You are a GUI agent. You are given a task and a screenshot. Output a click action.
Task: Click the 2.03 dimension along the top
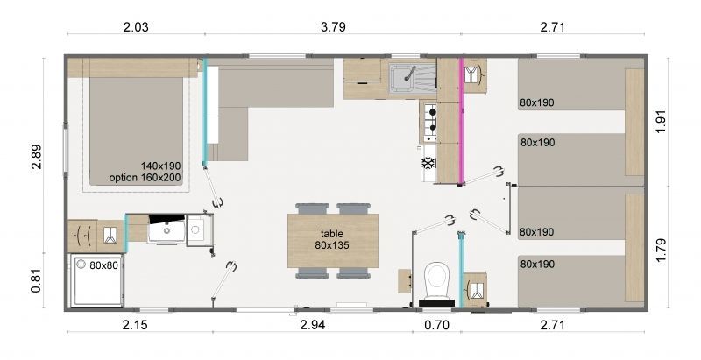click(x=136, y=27)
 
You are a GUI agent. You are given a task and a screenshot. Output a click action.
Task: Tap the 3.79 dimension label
click(x=333, y=27)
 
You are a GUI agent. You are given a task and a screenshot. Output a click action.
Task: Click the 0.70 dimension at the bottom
click(x=436, y=325)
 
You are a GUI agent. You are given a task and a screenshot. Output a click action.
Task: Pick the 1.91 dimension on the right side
click(x=662, y=121)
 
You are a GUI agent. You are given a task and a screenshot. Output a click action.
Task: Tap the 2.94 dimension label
click(x=312, y=325)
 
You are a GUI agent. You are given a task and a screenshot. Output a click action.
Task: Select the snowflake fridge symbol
click(x=428, y=163)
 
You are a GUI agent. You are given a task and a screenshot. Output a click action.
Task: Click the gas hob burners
click(x=430, y=121)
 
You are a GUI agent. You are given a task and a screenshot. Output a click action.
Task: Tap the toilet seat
click(x=436, y=280)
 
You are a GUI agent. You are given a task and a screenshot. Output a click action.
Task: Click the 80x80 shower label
click(x=103, y=265)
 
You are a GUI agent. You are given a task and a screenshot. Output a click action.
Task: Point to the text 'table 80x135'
click(x=332, y=239)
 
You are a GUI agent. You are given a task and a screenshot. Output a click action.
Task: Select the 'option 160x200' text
click(x=145, y=178)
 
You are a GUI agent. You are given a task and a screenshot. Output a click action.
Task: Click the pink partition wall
click(x=461, y=121)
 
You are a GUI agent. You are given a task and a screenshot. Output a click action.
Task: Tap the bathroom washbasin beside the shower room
click(x=166, y=229)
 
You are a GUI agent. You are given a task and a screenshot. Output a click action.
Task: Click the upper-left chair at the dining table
click(x=312, y=208)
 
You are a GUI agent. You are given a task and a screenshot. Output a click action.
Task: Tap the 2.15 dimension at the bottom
click(x=135, y=325)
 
